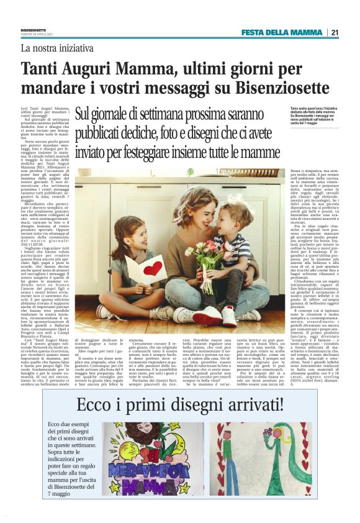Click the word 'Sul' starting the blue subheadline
pyautogui.click(x=83, y=116)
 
